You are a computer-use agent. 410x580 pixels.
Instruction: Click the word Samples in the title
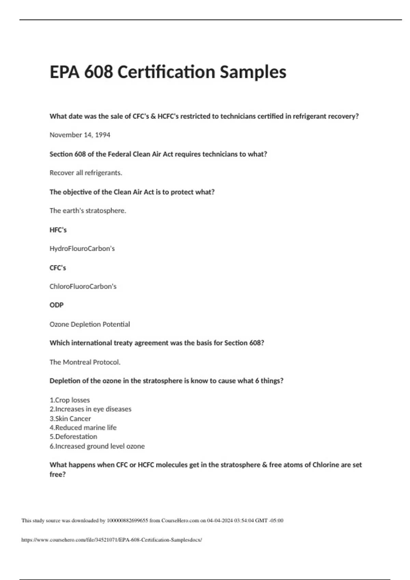[x=253, y=72]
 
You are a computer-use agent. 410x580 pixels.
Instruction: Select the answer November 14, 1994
[x=80, y=135]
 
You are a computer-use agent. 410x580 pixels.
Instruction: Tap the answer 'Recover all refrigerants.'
[x=86, y=173]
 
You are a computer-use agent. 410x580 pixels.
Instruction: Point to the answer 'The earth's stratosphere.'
[x=88, y=211]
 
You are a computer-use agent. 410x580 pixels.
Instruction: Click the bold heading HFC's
[x=58, y=230]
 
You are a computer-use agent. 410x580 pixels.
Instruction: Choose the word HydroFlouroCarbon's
[x=82, y=248]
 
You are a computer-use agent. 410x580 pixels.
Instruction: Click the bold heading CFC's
[x=58, y=268]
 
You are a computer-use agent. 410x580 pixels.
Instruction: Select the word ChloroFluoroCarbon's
[x=83, y=286]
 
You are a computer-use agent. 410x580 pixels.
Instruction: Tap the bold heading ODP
[x=57, y=305]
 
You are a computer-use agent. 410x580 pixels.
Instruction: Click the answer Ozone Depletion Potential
[x=90, y=324]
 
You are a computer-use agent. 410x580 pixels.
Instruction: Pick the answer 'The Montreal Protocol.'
[x=85, y=362]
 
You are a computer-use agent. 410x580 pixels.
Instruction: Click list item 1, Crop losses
[x=70, y=400]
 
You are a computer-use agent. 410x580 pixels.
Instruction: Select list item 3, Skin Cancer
[x=70, y=418]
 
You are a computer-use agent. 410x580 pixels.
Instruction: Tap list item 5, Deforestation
[x=73, y=437]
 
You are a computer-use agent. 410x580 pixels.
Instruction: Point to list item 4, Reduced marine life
[x=83, y=427]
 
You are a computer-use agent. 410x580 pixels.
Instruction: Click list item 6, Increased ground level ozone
[x=97, y=446]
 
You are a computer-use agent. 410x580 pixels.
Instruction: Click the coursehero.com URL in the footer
[x=112, y=540]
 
